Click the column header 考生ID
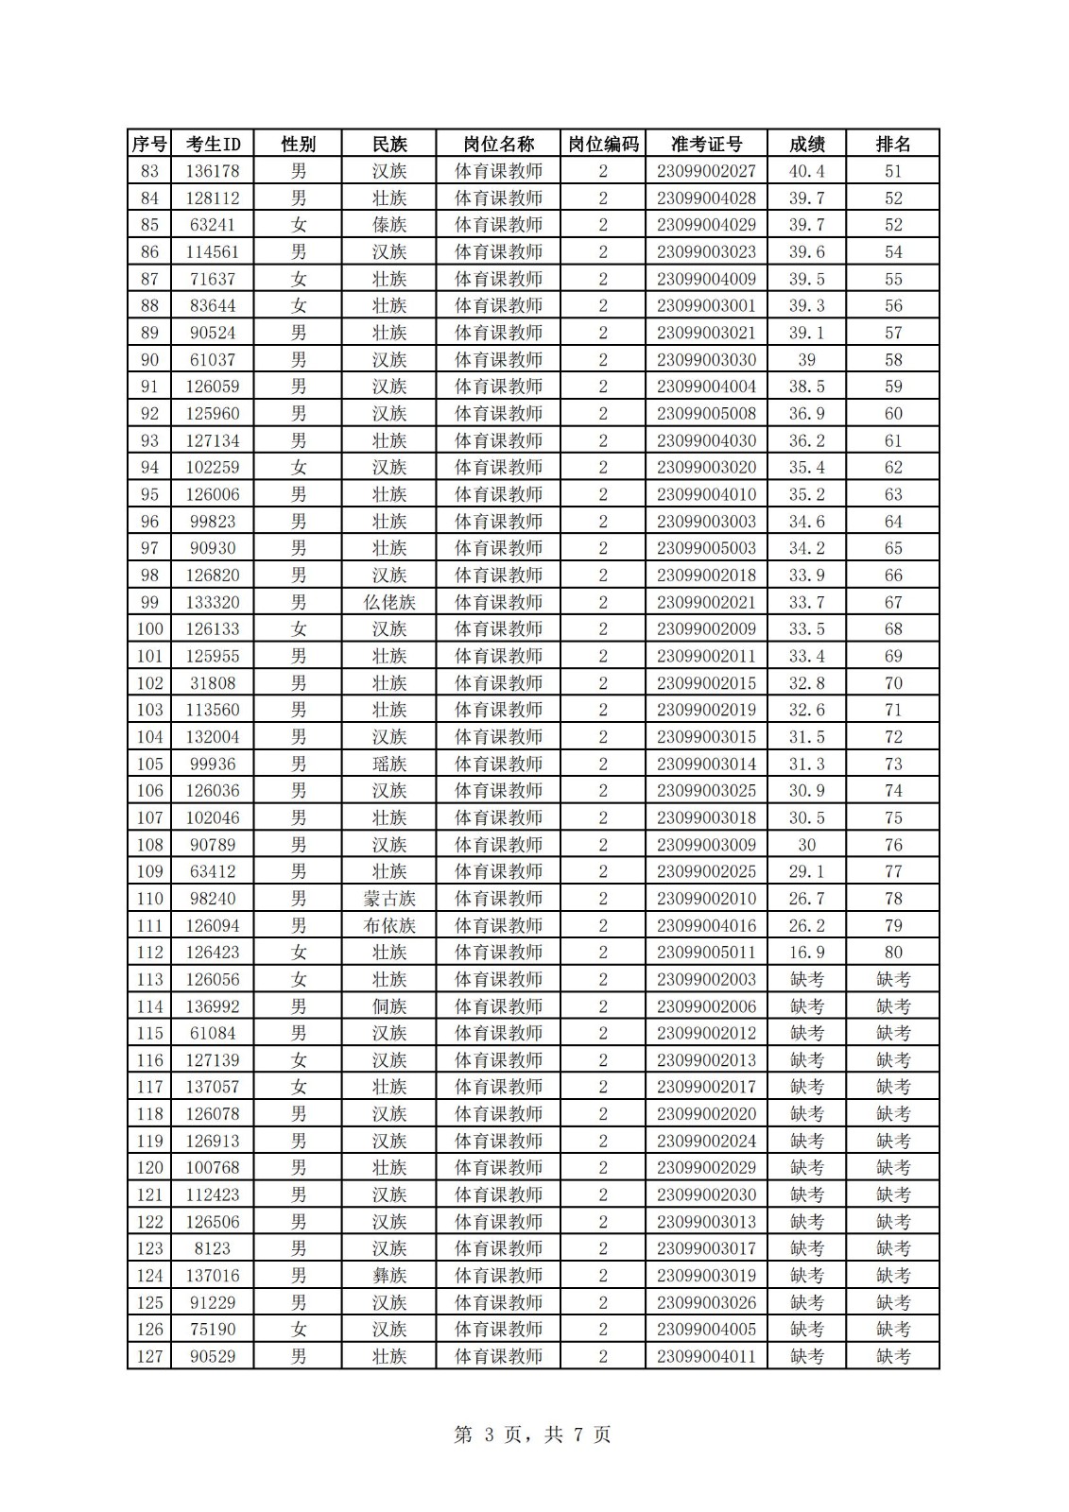point(213,144)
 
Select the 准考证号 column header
point(706,144)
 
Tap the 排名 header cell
point(892,144)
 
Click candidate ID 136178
point(213,171)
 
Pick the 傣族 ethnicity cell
point(388,225)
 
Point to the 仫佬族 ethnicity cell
point(388,602)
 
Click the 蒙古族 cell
point(388,899)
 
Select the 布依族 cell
point(388,925)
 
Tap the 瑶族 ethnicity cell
point(388,764)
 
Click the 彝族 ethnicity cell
point(388,1276)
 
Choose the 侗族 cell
point(388,1006)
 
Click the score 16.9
point(806,953)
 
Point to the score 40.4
point(806,171)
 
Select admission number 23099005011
point(706,953)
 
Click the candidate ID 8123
point(213,1248)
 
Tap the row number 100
point(149,629)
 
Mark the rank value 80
point(892,953)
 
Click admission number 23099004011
point(706,1356)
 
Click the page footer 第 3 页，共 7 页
point(533,1435)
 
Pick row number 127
point(149,1356)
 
